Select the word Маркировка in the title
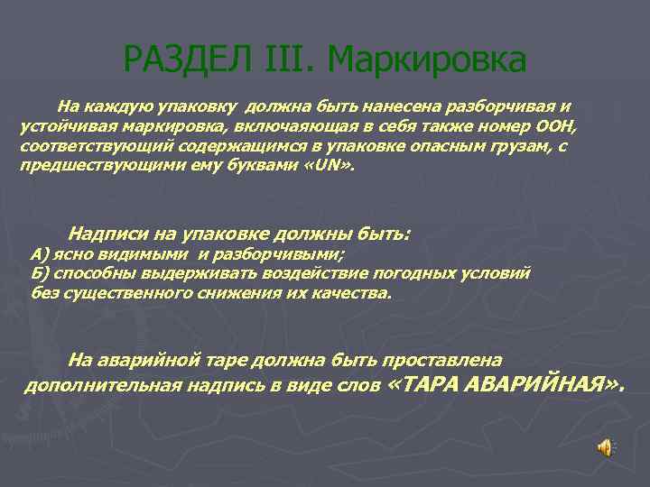coord(427,60)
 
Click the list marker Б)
coord(42,273)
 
